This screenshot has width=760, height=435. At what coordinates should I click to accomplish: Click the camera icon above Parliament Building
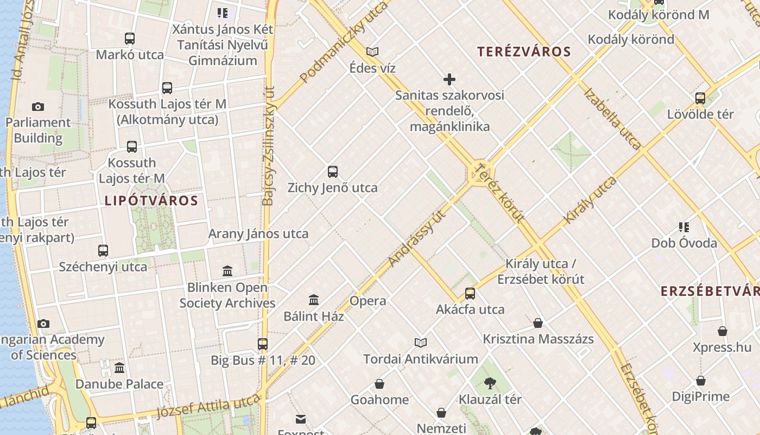[38, 107]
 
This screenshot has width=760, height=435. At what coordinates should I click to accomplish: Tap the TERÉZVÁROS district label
[524, 52]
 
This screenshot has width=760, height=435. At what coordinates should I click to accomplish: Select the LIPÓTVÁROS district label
[151, 201]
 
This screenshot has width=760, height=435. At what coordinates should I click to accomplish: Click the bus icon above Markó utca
[129, 39]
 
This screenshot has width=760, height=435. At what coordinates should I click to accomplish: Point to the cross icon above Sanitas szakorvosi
[449, 79]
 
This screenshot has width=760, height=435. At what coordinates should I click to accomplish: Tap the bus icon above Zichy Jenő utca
[333, 172]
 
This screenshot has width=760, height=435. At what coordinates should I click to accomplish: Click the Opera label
[368, 301]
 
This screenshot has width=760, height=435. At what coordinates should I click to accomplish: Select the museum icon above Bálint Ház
[314, 300]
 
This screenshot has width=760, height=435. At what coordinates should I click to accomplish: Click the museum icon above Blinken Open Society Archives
[227, 271]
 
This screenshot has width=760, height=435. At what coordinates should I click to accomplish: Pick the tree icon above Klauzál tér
[490, 383]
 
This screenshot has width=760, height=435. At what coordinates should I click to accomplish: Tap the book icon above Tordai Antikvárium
[421, 343]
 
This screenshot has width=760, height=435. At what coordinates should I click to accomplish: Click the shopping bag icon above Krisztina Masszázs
[538, 323]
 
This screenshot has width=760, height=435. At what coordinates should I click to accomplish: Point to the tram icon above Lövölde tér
[700, 98]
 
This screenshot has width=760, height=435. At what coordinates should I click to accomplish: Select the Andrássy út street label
[417, 238]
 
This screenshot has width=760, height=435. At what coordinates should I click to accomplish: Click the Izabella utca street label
[612, 119]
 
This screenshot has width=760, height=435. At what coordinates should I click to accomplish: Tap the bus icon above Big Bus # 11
[263, 344]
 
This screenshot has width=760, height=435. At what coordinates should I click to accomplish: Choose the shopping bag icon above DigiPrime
[701, 381]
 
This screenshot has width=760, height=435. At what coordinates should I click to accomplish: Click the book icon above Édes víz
[372, 52]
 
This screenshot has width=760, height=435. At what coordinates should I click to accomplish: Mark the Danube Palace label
[119, 384]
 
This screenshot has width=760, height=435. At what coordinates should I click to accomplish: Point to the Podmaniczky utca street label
[344, 42]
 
